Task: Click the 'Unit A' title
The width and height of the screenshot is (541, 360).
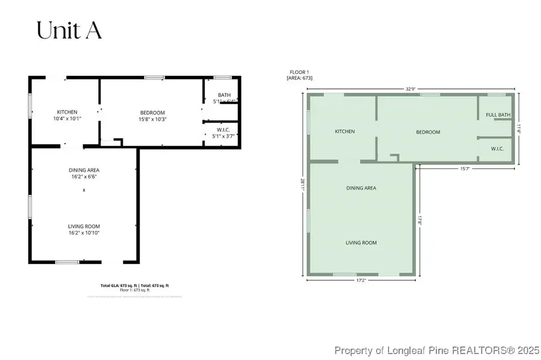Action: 69,30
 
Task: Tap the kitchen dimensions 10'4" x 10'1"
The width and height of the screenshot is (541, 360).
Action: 67,118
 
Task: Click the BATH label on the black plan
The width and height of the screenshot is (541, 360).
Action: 224,95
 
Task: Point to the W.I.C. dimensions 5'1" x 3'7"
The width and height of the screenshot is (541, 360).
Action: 224,136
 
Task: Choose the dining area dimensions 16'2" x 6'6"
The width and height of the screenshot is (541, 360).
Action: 84,177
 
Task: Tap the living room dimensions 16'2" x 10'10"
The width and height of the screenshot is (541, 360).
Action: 84,233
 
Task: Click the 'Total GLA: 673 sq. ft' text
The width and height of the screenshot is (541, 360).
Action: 118,285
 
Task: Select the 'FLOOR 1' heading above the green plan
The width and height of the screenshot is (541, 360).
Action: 298,73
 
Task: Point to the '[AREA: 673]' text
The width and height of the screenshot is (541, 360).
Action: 300,79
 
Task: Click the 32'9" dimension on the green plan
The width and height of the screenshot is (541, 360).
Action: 411,89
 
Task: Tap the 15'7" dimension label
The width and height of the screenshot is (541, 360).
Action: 465,168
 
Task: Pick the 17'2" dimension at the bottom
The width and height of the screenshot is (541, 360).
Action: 361,280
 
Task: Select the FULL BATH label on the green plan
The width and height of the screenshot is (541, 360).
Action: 498,115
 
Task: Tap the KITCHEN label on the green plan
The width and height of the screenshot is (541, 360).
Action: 344,132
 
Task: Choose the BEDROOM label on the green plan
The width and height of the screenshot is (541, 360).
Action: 428,132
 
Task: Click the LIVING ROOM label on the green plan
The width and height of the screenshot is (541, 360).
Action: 361,242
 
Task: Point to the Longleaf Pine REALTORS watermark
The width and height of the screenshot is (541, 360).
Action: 438,350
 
